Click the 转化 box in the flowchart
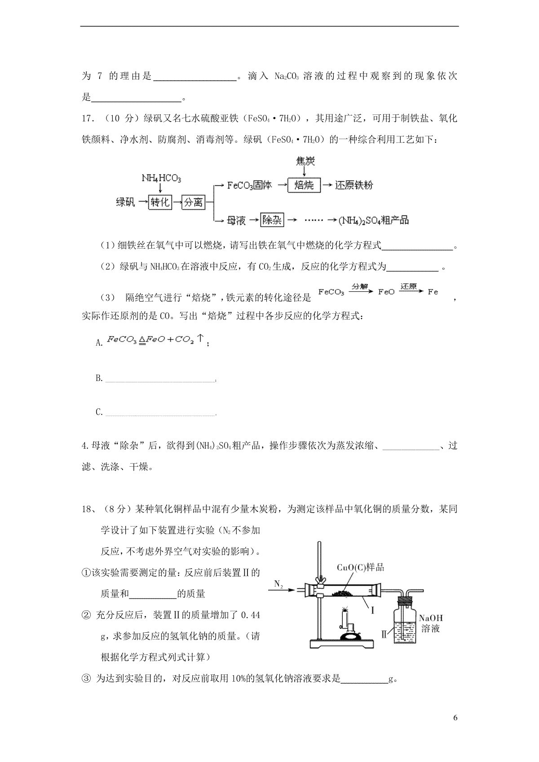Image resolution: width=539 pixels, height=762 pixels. (x=159, y=202)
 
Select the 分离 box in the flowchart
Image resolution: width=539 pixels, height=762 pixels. (x=193, y=202)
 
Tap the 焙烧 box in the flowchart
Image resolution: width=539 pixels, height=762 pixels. (x=304, y=185)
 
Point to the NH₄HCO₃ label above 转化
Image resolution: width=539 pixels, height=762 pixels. (x=161, y=178)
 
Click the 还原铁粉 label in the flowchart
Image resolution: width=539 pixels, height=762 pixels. (x=354, y=185)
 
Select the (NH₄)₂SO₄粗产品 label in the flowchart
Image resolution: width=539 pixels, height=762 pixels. (x=374, y=220)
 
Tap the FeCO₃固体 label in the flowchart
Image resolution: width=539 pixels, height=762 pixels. (x=249, y=185)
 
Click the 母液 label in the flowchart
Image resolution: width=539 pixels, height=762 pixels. (x=236, y=220)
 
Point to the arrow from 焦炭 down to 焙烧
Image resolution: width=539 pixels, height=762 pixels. (x=305, y=172)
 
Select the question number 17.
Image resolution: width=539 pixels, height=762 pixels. (x=87, y=119)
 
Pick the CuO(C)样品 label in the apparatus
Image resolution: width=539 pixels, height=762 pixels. (x=361, y=567)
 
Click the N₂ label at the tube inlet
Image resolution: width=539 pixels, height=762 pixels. (x=278, y=584)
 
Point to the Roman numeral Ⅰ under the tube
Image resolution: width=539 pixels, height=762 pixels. (x=372, y=610)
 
